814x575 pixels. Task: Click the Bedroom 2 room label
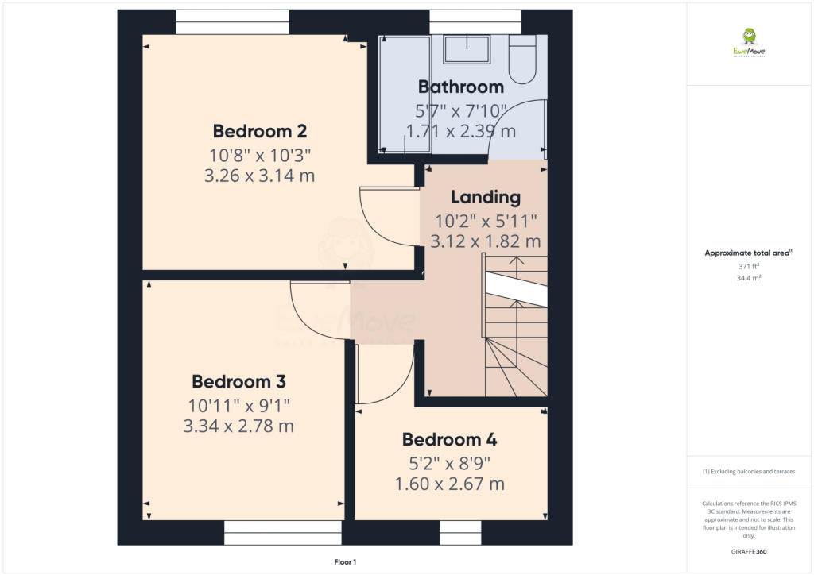pyautogui.click(x=259, y=131)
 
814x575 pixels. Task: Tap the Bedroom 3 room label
pyautogui.click(x=238, y=380)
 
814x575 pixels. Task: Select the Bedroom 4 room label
pyautogui.click(x=449, y=439)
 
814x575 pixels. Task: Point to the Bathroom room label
pyautogui.click(x=461, y=87)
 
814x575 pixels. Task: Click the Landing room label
pyautogui.click(x=486, y=197)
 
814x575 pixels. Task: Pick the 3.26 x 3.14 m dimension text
pyautogui.click(x=259, y=176)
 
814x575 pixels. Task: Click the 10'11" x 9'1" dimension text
pyautogui.click(x=238, y=403)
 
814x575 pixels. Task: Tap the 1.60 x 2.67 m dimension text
pyautogui.click(x=449, y=484)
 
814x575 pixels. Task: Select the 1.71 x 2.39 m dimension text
pyautogui.click(x=461, y=130)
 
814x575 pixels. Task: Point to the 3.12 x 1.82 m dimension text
pyautogui.click(x=486, y=241)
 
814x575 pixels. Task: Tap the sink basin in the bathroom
pyautogui.click(x=467, y=49)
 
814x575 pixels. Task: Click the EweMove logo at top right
pyautogui.click(x=748, y=43)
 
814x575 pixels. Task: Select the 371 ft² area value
pyautogui.click(x=748, y=267)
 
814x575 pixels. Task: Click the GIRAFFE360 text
pyautogui.click(x=748, y=551)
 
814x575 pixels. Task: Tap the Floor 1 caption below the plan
pyautogui.click(x=345, y=562)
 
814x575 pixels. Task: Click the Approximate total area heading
pyautogui.click(x=748, y=253)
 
